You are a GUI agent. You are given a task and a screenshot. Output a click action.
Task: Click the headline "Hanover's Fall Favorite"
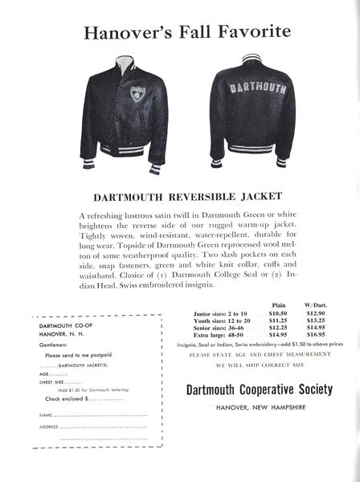click(x=179, y=32)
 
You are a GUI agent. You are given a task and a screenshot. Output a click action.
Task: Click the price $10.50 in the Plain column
click(x=279, y=315)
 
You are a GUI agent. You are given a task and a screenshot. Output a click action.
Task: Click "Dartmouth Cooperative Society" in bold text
click(x=258, y=390)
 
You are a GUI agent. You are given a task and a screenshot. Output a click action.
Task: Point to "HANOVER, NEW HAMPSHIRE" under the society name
click(x=258, y=407)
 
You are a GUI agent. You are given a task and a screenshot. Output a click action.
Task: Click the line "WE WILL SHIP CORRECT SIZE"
click(x=258, y=366)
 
